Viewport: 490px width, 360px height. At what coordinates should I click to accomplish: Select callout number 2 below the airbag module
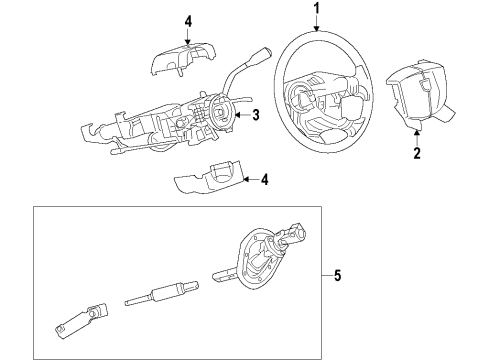click(417, 154)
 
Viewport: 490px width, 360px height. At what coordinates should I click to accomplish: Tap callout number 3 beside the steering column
click(256, 116)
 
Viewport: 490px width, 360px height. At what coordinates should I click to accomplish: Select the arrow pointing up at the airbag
click(417, 139)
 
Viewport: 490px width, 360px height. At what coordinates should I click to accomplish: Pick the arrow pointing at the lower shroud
click(249, 180)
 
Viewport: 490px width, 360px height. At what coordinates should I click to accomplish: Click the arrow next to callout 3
click(243, 116)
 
